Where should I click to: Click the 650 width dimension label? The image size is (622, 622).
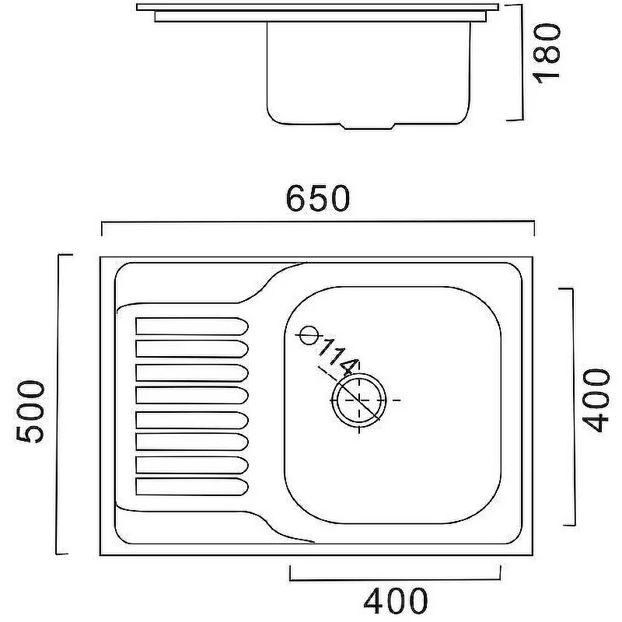tap(318, 198)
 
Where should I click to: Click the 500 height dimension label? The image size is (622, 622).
tap(30, 411)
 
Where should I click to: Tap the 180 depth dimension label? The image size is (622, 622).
tap(547, 53)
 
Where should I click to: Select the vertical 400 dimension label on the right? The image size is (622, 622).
tap(596, 400)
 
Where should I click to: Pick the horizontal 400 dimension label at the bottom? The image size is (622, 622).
tap(396, 601)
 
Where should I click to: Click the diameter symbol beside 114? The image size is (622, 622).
tap(309, 335)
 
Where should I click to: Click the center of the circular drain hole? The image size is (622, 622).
tap(359, 400)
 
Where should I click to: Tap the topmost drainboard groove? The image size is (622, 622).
tap(192, 326)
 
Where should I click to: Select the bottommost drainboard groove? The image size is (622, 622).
tap(192, 487)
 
